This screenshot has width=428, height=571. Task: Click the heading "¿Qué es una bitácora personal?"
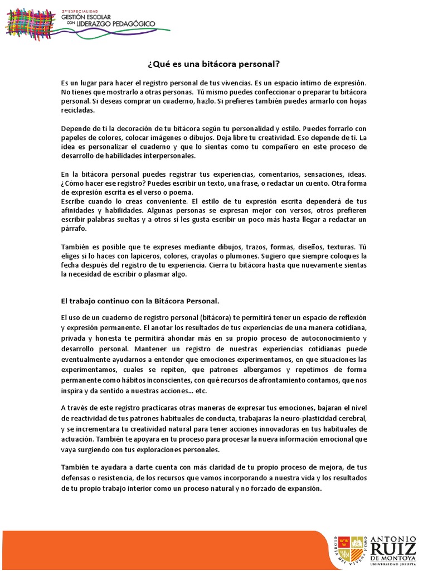pos(213,64)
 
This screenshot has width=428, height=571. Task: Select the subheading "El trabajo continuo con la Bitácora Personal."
pos(140,301)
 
